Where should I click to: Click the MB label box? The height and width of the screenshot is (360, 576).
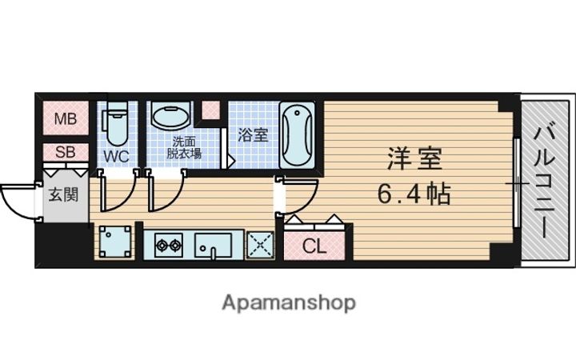click(65, 120)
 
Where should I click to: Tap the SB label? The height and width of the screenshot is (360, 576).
click(65, 151)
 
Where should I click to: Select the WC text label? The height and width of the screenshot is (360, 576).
click(116, 156)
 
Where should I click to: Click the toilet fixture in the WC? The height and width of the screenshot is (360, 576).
click(116, 124)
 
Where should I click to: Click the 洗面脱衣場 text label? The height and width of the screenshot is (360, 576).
click(183, 148)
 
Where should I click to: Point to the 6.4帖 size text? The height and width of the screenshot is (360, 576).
click(414, 193)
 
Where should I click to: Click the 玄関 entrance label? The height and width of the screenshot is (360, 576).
click(64, 194)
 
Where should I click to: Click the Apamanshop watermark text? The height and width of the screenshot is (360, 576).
click(288, 303)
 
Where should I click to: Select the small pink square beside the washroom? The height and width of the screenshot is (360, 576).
click(210, 110)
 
